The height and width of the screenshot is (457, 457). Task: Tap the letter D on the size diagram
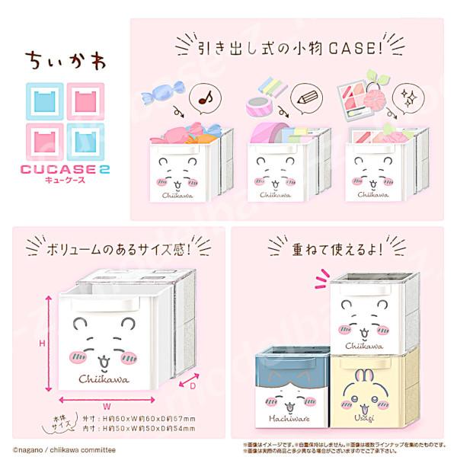tap(191, 387)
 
